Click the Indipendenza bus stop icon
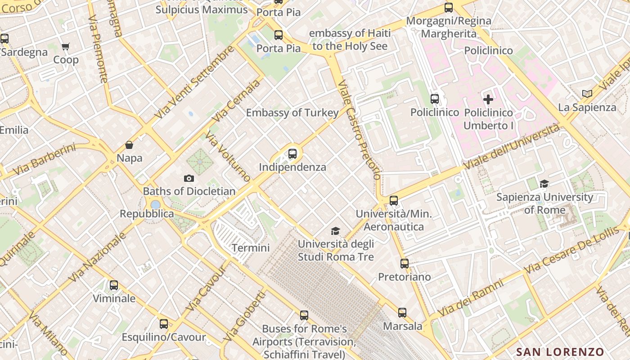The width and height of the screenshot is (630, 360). tap(292, 154)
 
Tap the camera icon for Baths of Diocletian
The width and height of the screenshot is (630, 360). tap(189, 178)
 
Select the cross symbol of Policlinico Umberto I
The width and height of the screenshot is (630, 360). tap(488, 99)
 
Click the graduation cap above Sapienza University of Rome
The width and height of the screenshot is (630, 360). tap(544, 184)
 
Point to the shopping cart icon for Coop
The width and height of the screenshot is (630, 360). tap(66, 46)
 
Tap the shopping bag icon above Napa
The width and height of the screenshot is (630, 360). tap(129, 145)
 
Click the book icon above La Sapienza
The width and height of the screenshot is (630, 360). tap(587, 94)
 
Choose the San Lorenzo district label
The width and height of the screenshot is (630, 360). tap(560, 352)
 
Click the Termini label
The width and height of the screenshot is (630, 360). tap(251, 247)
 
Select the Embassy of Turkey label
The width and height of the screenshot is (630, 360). tap(292, 112)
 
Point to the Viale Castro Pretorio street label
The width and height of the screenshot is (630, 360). tap(359, 130)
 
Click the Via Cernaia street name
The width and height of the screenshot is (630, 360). tap(237, 100)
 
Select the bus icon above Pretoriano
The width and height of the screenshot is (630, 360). tap(405, 263)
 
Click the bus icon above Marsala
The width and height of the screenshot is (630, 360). tap(402, 312)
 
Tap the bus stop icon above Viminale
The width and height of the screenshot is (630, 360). tap(114, 285)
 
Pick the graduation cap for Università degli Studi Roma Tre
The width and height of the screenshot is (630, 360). tap(335, 231)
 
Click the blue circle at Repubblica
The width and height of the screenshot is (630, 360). tap(155, 205)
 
